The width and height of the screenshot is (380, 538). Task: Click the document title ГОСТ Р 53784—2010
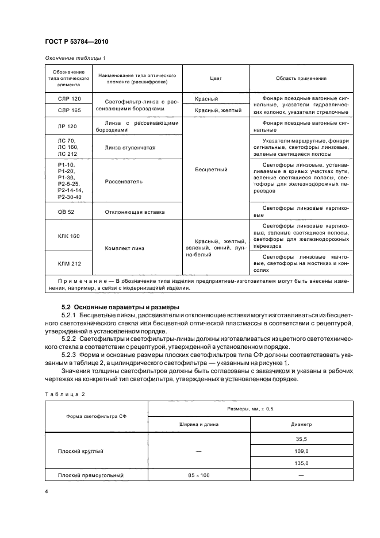[x=76, y=42]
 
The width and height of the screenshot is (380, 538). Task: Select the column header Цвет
[x=216, y=79]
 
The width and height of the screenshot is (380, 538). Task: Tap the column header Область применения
[x=301, y=79]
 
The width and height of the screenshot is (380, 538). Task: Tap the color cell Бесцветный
[x=216, y=170]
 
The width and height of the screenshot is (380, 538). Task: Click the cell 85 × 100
[x=198, y=475]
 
